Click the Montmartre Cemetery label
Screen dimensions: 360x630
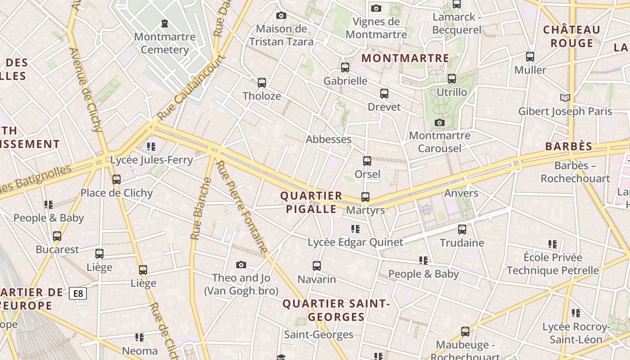[x=165, y=43]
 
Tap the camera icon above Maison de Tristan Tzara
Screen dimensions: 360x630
[x=281, y=16]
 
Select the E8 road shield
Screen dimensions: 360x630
[x=78, y=294]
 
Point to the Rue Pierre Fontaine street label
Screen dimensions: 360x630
[x=242, y=207]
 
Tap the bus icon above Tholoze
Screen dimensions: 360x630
[x=262, y=83]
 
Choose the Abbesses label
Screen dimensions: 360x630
[x=328, y=139]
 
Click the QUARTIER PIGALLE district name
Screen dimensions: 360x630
[x=311, y=202]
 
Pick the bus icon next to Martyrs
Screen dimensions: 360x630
[x=365, y=197]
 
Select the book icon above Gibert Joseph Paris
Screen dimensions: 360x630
[x=565, y=98]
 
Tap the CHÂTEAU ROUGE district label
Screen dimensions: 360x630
[x=571, y=36]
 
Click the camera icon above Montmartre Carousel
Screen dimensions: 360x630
[x=440, y=122]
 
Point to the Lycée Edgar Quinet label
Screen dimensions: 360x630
[x=355, y=243]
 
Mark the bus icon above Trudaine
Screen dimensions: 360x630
[x=462, y=229]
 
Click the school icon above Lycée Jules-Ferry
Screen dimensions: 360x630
[x=151, y=147]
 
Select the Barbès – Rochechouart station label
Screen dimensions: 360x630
[x=575, y=172]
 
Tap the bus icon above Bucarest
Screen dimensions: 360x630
[x=57, y=236]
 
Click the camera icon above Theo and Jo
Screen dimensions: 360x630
[x=241, y=265]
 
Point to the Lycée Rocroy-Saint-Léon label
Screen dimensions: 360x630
[x=576, y=333]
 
